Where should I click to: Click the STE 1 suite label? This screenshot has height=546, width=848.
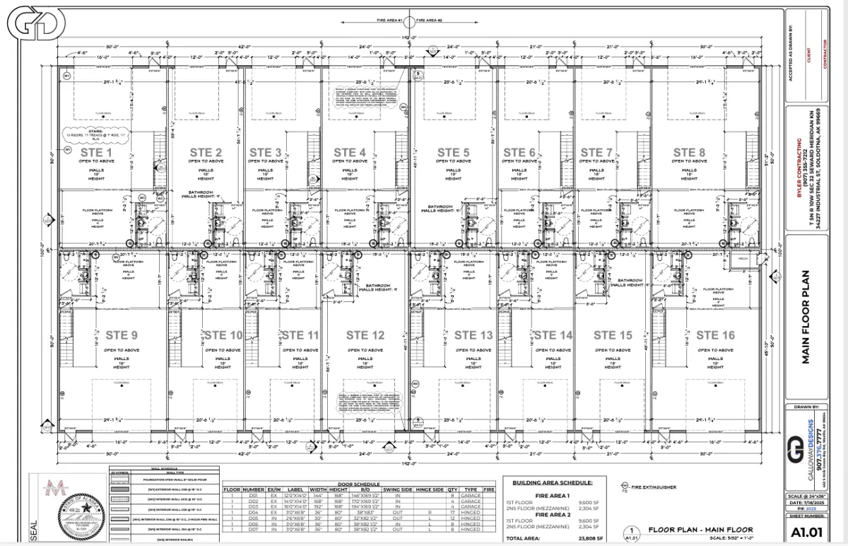pyautogui.click(x=95, y=152)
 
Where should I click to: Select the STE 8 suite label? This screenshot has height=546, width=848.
pyautogui.click(x=684, y=152)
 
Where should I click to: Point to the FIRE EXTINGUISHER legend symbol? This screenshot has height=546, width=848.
pyautogui.click(x=625, y=486)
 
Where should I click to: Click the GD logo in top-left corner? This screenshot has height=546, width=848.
pyautogui.click(x=29, y=25)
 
